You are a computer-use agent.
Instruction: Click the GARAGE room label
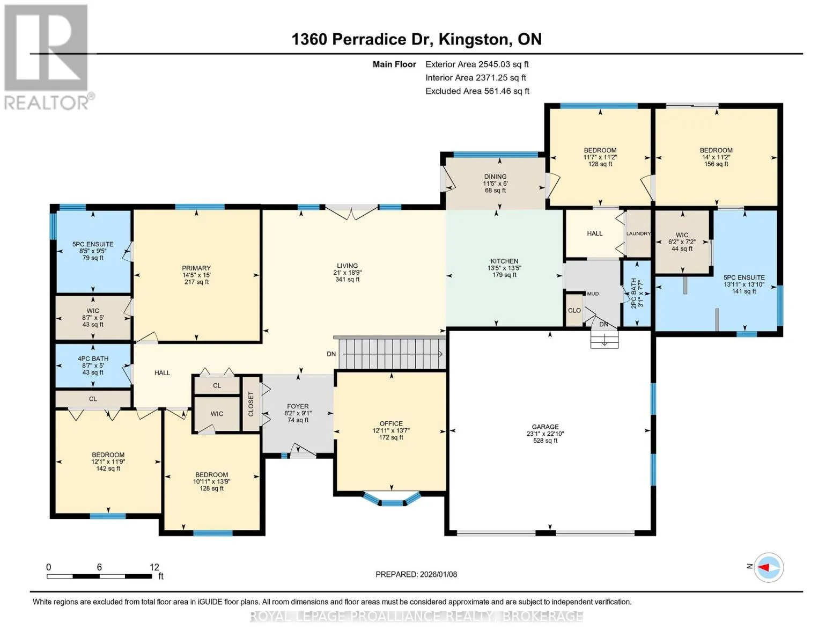pyautogui.click(x=545, y=427)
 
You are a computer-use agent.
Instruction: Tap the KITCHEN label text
pyautogui.click(x=505, y=261)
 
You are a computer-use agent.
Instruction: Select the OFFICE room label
pyautogui.click(x=391, y=423)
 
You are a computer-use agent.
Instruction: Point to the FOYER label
pyautogui.click(x=298, y=406)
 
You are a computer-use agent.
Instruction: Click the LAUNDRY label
pyautogui.click(x=638, y=233)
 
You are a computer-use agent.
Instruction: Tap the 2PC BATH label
pyautogui.click(x=633, y=293)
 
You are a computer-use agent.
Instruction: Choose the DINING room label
pyautogui.click(x=495, y=177)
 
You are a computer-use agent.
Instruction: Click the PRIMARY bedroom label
pyautogui.click(x=196, y=268)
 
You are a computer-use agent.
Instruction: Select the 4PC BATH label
pyautogui.click(x=93, y=358)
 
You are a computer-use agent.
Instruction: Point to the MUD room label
pyautogui.click(x=593, y=294)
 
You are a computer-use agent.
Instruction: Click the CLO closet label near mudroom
pyautogui.click(x=574, y=310)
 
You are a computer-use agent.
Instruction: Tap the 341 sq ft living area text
pyautogui.click(x=348, y=279)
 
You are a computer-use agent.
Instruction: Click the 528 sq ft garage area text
pyautogui.click(x=545, y=440)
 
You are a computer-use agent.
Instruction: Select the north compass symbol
pyautogui.click(x=768, y=567)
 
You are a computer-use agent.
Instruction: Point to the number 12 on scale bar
pyautogui.click(x=154, y=567)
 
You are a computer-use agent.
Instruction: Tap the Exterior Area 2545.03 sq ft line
pyautogui.click(x=477, y=64)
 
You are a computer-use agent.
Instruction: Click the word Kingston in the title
pyautogui.click(x=475, y=40)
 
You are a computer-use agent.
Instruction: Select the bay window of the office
pyautogui.click(x=392, y=499)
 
